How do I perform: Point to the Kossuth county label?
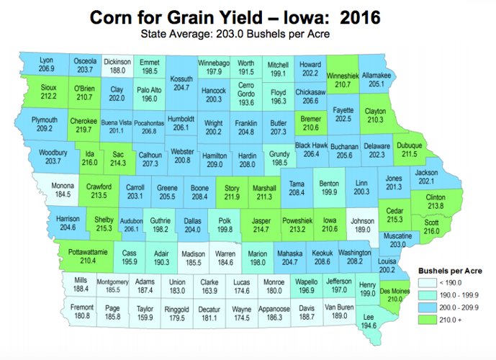pyautogui.click(x=181, y=78)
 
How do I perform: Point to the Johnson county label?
pyautogui.click(x=361, y=220)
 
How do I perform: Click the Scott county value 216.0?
pyautogui.click(x=430, y=231)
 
